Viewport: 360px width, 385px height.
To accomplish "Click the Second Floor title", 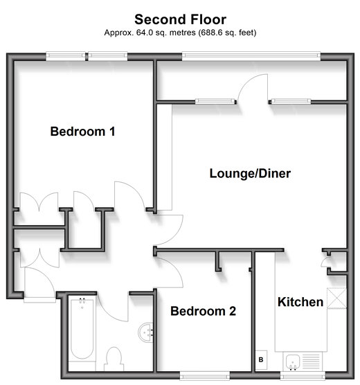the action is pos(180,19).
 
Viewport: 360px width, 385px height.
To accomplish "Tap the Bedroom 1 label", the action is pos(83,132).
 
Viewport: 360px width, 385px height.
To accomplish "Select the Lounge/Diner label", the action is pos(250,174).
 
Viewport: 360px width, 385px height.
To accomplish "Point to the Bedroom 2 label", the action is pos(203,311).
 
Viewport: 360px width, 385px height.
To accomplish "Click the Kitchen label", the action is pos(300,302).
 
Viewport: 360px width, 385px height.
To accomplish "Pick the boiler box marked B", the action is pos(261,359).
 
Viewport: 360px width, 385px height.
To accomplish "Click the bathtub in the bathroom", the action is pos(82,329).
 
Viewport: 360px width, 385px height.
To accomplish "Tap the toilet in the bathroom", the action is pos(114,359).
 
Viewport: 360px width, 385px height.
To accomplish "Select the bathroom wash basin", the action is pos(145,332).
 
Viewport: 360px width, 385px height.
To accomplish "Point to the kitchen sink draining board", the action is pos(312,361).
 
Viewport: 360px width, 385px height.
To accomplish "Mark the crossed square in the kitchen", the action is pos(336,298).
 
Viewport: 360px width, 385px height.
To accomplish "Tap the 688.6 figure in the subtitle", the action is pos(212,33).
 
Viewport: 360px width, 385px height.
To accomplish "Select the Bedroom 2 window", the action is pos(205,376).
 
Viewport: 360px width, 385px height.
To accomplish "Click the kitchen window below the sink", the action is pos(303,376).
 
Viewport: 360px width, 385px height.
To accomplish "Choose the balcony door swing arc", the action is pos(246,80).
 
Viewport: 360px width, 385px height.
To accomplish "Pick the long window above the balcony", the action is pos(251,56).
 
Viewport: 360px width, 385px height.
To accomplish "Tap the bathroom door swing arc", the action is pos(108,312).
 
